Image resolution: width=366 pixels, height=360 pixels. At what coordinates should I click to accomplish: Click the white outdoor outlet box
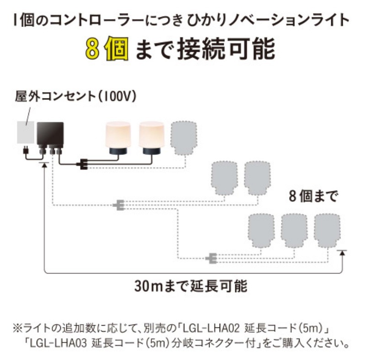[26, 133]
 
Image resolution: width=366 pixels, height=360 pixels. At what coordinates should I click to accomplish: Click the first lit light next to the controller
[118, 138]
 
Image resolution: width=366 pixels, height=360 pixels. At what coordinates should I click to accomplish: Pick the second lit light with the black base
[151, 138]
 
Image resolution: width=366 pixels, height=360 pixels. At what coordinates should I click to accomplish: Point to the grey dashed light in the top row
[183, 137]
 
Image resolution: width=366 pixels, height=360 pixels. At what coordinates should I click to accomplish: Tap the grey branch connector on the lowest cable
[211, 259]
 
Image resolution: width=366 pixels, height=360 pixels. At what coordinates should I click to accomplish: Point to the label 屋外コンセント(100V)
[75, 97]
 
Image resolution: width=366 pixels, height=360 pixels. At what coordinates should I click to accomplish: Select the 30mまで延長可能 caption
[191, 286]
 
